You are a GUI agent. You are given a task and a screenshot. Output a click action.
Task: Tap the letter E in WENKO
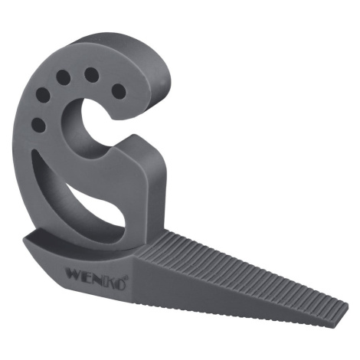pyautogui.click(x=88, y=276)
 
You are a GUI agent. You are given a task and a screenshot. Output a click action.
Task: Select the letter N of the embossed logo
pyautogui.click(x=99, y=278)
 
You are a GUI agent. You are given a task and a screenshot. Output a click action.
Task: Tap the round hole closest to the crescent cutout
pyautogui.click(x=38, y=125)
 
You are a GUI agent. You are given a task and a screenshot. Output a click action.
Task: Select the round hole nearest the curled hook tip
pyautogui.click(x=119, y=91)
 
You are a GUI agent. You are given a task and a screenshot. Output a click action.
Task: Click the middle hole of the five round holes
pyautogui.click(x=64, y=77)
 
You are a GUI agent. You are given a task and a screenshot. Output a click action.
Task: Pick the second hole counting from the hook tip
pyautogui.click(x=91, y=75)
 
